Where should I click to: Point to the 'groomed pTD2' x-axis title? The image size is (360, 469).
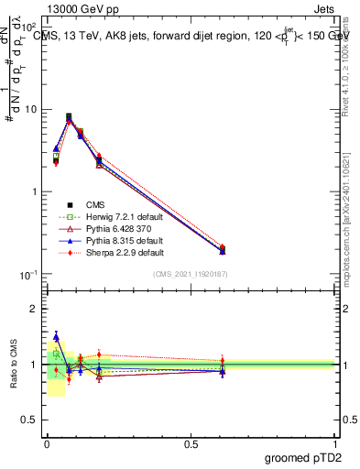[301, 457]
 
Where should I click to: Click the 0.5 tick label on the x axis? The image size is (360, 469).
[191, 444]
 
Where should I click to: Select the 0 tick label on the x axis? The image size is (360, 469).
[47, 444]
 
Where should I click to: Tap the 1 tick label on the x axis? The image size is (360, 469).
[336, 444]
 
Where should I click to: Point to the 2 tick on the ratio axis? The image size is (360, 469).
[34, 309]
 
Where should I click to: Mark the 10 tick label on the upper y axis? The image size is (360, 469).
[31, 109]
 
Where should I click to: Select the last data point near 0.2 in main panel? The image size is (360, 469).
[223, 248]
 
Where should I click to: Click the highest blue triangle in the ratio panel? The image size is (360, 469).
[56, 337]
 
